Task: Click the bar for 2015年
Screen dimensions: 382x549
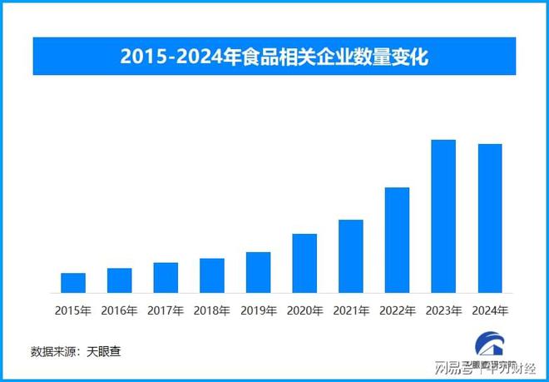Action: pyautogui.click(x=73, y=283)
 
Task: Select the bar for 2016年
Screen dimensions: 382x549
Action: pyautogui.click(x=119, y=280)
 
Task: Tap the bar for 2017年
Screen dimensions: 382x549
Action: pyautogui.click(x=166, y=278)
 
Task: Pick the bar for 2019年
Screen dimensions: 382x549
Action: pyautogui.click(x=258, y=272)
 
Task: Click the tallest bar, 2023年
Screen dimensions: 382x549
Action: pyautogui.click(x=443, y=216)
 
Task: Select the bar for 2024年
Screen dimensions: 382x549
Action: pyautogui.click(x=490, y=218)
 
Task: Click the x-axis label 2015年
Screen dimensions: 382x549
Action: pyautogui.click(x=73, y=310)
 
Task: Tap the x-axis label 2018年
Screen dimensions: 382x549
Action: pyautogui.click(x=212, y=310)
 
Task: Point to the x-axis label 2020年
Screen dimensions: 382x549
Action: pyautogui.click(x=304, y=310)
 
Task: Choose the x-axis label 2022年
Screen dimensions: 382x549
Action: pyautogui.click(x=397, y=310)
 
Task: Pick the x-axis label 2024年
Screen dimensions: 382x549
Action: pyautogui.click(x=490, y=310)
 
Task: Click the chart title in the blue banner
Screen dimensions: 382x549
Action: pyautogui.click(x=274, y=57)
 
